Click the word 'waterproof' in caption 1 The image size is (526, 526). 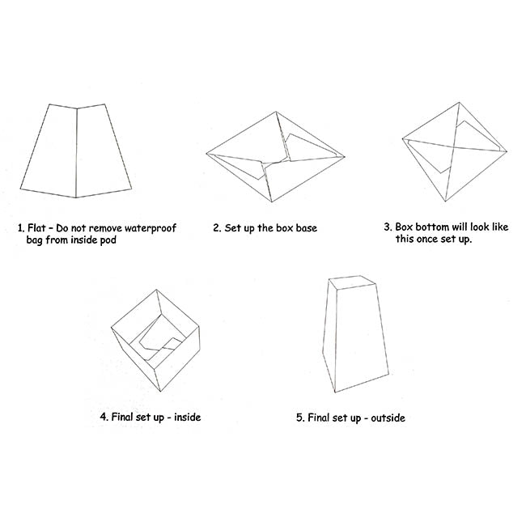click(151, 229)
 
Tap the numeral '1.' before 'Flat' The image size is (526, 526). click(21, 228)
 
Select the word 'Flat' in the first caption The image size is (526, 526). click(36, 227)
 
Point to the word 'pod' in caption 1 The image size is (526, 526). click(108, 240)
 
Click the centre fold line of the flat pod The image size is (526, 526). click(77, 153)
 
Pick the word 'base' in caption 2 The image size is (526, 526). click(306, 228)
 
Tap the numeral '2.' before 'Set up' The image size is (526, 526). click(217, 228)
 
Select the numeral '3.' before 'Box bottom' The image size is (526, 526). click(388, 227)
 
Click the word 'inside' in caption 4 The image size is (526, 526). click(187, 417)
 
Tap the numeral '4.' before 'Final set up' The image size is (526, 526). click(104, 417)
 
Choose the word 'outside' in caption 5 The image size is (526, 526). click(388, 418)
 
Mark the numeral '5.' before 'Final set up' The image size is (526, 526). click(300, 418)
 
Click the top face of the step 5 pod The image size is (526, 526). click(351, 282)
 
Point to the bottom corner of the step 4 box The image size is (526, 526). click(160, 391)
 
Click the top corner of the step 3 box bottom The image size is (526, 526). click(460, 103)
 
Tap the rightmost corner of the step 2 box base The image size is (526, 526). click(345, 157)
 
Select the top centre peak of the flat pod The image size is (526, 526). click(77, 108)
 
